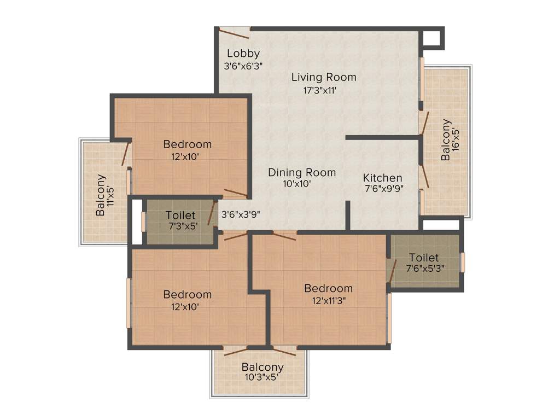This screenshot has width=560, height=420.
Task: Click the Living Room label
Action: (x=323, y=77)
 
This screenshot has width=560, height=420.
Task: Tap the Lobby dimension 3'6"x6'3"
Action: (x=243, y=66)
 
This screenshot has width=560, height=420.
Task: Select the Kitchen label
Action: (x=383, y=178)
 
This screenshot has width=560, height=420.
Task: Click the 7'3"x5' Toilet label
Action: (x=180, y=215)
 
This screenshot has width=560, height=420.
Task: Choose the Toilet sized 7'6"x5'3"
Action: (x=424, y=258)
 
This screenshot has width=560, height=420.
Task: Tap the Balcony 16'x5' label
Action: (x=447, y=139)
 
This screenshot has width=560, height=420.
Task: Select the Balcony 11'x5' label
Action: (x=101, y=195)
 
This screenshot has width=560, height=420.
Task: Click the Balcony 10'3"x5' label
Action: (x=262, y=367)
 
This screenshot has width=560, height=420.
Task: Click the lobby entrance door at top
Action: (x=234, y=32)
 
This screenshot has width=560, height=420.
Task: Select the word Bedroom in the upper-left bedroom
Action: (x=188, y=144)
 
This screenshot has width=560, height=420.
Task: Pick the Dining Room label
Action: (x=302, y=173)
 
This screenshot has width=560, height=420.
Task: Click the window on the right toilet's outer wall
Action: (x=462, y=262)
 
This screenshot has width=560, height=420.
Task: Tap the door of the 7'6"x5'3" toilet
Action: (x=391, y=271)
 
